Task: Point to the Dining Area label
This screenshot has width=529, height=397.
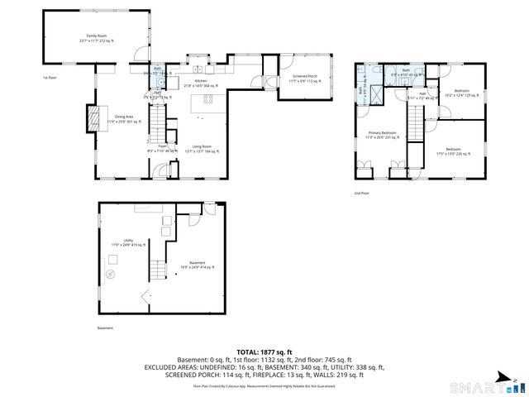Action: pyautogui.click(x=125, y=119)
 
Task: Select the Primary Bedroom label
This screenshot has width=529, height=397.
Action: pyautogui.click(x=383, y=135)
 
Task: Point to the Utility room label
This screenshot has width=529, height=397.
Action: pyautogui.click(x=128, y=243)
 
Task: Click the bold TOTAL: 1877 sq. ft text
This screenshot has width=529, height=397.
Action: pyautogui.click(x=264, y=352)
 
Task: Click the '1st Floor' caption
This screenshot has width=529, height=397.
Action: pyautogui.click(x=51, y=78)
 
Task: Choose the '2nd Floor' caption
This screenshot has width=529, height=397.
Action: pyautogui.click(x=362, y=194)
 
